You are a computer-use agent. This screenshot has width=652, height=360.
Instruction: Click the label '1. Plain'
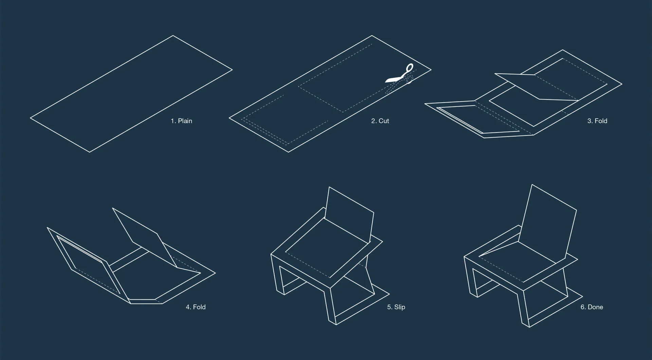click(x=181, y=121)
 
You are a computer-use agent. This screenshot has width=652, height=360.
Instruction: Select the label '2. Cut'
click(x=380, y=121)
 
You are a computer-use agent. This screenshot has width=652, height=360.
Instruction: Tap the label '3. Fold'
click(x=597, y=121)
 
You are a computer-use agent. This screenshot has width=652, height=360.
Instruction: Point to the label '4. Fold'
click(x=196, y=307)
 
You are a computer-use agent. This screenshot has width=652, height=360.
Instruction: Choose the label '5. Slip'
click(x=396, y=307)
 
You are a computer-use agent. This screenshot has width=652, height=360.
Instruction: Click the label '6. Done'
click(x=592, y=307)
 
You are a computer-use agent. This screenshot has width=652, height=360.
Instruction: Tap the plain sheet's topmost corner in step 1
click(x=173, y=35)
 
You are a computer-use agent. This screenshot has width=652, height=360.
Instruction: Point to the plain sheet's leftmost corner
click(x=31, y=118)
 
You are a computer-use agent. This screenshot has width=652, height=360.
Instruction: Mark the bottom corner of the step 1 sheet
click(x=90, y=152)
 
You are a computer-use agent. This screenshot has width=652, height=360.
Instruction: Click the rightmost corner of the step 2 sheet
click(x=431, y=70)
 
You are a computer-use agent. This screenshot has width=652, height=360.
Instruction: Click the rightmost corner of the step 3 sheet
click(x=622, y=84)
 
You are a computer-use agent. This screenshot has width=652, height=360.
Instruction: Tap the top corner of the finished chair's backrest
click(x=531, y=184)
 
